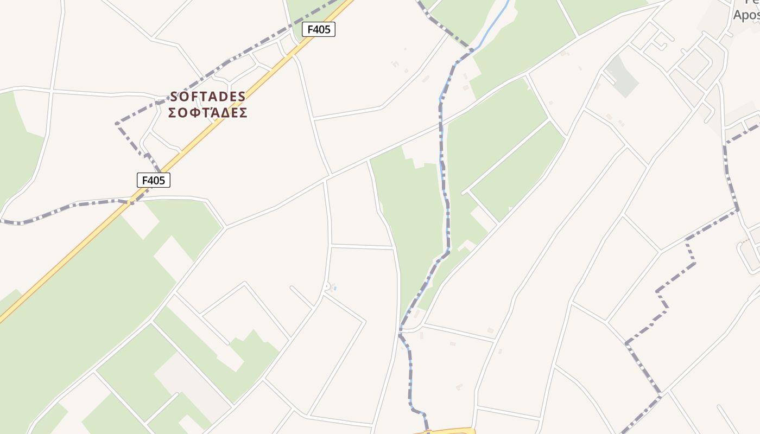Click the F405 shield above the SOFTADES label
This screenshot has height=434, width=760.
coord(319,29)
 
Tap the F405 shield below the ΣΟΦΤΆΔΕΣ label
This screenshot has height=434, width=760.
coord(154,180)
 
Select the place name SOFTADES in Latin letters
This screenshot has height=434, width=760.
coord(208,97)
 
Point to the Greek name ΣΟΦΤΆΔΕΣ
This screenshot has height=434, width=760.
coord(208,113)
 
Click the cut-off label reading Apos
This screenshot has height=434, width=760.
coord(746,15)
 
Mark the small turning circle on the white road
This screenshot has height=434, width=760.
coord(326,286)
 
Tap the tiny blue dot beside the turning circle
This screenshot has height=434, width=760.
coord(335,288)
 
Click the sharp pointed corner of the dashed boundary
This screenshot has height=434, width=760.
coord(117,124)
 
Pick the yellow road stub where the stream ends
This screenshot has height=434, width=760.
coord(445,431)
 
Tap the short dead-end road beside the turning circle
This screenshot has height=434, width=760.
coord(302,297)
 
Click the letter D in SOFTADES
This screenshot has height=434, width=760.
coord(222,97)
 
